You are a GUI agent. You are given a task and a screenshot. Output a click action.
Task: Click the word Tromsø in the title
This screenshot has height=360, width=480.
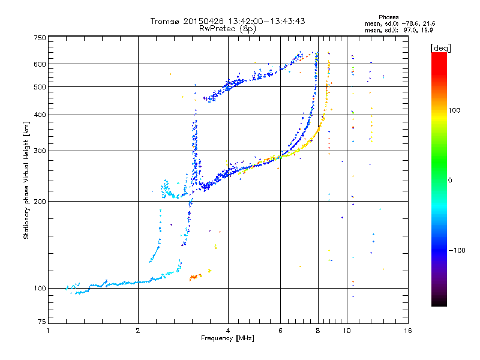(x=164, y=22)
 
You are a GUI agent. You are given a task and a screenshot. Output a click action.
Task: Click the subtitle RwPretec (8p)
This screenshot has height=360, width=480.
(x=227, y=29)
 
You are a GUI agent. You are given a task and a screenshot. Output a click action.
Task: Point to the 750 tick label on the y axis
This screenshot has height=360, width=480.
(x=40, y=38)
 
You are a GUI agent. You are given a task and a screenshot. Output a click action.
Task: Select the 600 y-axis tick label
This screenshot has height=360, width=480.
(x=40, y=64)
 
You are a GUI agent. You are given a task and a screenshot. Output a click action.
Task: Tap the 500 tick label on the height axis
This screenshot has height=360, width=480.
(x=40, y=87)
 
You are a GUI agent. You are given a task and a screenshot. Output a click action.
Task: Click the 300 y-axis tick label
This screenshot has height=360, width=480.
(x=40, y=151)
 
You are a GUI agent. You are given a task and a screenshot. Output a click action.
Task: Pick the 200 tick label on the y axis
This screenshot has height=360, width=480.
(x=40, y=202)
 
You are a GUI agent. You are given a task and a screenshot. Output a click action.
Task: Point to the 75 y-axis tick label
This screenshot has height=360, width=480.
(x=42, y=322)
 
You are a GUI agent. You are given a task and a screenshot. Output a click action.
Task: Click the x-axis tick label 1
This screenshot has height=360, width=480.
(x=48, y=331)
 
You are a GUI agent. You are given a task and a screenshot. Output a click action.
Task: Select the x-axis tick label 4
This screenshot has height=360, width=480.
(x=228, y=331)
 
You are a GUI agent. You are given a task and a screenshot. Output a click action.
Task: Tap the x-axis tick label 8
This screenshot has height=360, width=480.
(x=318, y=331)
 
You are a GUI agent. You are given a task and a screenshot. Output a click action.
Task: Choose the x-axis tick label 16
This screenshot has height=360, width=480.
(x=408, y=331)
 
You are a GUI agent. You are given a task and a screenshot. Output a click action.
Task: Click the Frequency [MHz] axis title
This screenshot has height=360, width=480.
(x=228, y=338)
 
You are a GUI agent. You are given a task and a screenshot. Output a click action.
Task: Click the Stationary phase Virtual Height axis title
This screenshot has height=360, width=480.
(x=26, y=181)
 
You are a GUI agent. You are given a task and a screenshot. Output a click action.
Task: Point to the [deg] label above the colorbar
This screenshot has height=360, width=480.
(x=440, y=48)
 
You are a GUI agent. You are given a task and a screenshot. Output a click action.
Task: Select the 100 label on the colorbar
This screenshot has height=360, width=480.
(x=454, y=110)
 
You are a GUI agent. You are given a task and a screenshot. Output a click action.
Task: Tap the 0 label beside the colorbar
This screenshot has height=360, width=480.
(x=450, y=181)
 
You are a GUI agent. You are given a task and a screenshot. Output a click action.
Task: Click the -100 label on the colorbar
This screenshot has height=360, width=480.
(x=457, y=250)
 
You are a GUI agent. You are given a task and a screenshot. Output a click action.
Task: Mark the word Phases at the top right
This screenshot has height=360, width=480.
(x=388, y=17)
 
